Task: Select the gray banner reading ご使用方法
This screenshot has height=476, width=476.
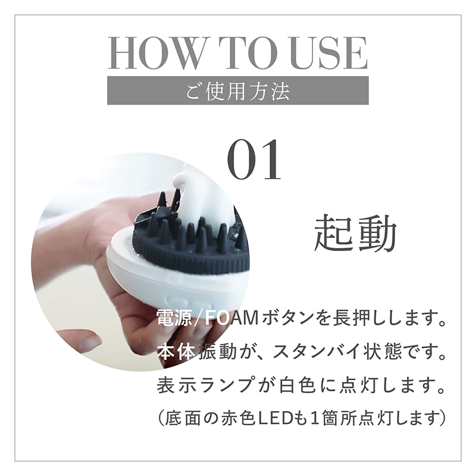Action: pos(238,91)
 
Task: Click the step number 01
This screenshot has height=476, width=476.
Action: pos(255,161)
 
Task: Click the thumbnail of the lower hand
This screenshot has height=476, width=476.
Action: pos(89,342)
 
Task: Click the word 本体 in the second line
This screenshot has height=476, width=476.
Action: pos(176,352)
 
